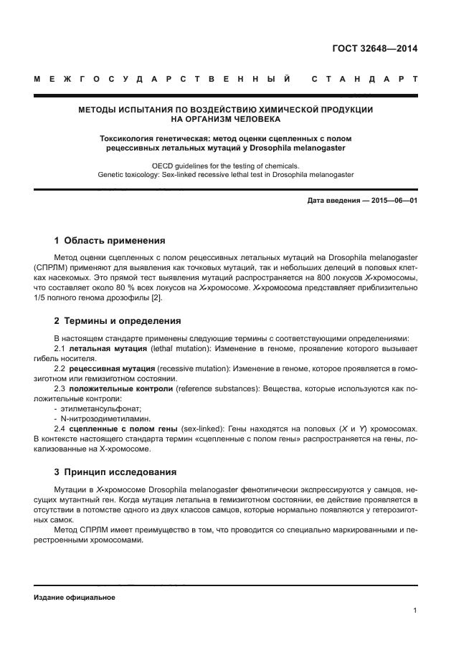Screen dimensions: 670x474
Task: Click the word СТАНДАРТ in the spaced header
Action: click(366, 79)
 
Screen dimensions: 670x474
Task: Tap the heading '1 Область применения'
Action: click(110, 241)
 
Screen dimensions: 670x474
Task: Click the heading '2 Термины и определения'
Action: click(118, 321)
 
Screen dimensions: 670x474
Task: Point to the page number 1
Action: click(415, 611)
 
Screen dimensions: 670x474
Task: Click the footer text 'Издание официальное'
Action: click(75, 597)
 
